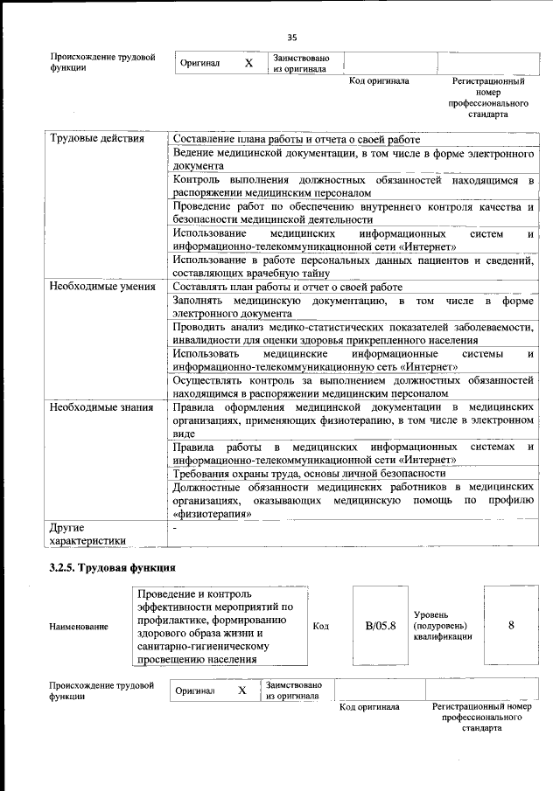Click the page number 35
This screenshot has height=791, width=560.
click(292, 37)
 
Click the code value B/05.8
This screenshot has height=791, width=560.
click(380, 626)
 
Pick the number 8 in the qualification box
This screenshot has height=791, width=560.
click(511, 626)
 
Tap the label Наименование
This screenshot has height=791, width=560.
click(79, 627)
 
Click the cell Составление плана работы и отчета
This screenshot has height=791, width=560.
click(296, 140)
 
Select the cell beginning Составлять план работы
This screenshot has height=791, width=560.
click(287, 287)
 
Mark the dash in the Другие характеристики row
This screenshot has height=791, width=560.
click(175, 529)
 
